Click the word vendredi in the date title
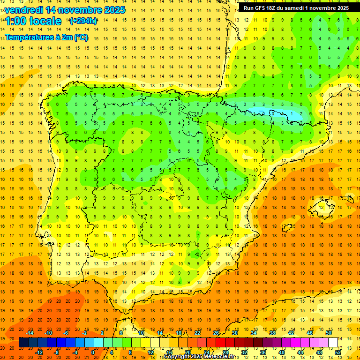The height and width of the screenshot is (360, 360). tap(23, 9)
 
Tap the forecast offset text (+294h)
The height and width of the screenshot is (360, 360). tap(83, 21)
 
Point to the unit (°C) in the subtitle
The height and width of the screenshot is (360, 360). tap(81, 37)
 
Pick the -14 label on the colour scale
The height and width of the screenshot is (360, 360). tap(30, 333)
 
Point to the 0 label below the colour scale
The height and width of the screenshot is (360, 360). tap(93, 352)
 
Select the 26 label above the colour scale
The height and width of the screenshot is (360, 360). tap(216, 333)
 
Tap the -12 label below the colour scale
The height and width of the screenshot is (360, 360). tap(39, 352)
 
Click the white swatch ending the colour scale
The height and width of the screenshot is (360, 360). tap(333, 343)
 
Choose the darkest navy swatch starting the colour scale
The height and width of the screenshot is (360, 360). tap(24, 343)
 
